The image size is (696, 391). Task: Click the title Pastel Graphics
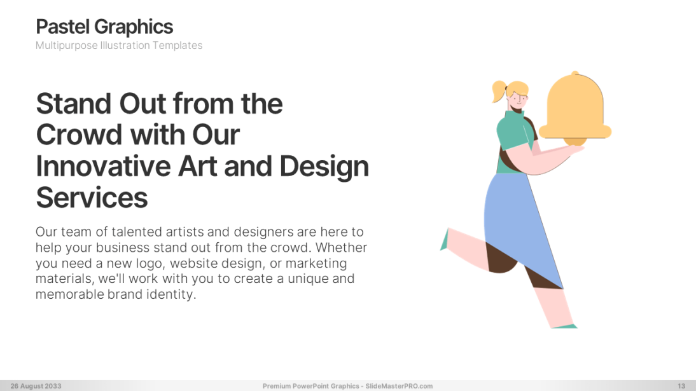104,27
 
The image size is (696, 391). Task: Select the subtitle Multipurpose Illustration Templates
119,45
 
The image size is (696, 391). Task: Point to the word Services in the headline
92,197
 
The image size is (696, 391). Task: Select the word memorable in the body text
67,294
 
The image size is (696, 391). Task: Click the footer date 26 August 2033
36,386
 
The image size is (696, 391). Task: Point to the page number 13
681,386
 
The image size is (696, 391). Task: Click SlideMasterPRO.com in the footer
400,386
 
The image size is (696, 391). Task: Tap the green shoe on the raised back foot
444,242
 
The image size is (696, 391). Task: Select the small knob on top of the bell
575,74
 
